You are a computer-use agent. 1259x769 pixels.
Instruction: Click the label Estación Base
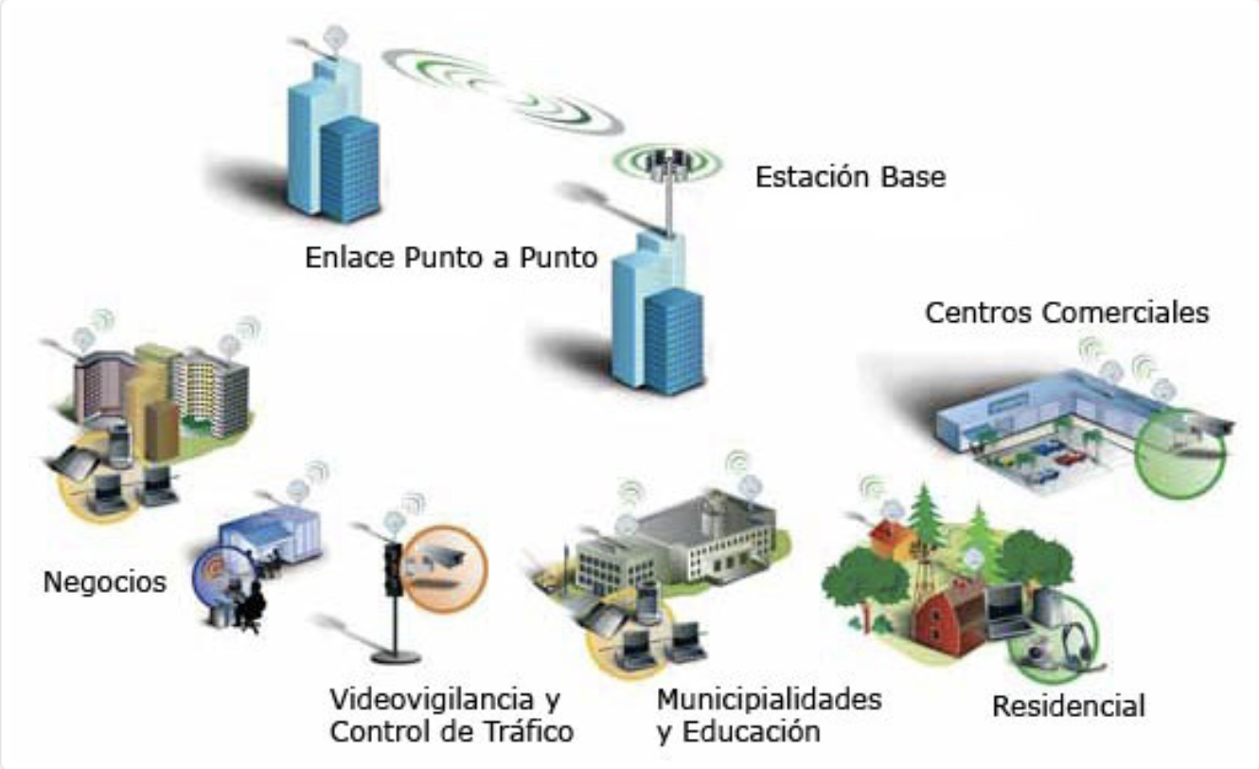point(850,177)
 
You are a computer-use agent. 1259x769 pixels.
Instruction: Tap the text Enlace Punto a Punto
point(451,258)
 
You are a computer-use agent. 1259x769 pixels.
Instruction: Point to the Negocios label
point(104,581)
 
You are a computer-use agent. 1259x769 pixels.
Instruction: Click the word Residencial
point(1069,706)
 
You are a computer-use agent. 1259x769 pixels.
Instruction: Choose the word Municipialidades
point(769,701)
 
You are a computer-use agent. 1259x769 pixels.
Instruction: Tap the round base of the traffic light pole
point(394,655)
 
